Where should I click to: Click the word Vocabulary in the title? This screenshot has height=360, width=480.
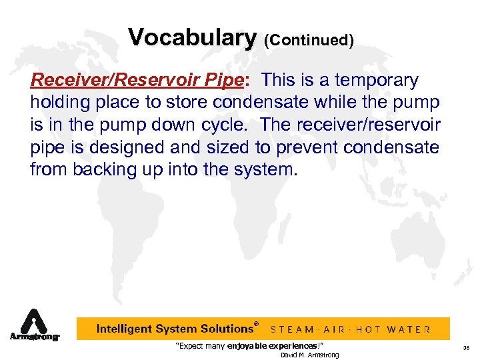coord(192,37)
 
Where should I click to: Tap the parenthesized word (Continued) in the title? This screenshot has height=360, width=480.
coord(309,40)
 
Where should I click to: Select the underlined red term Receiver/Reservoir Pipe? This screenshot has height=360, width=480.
coord(137,81)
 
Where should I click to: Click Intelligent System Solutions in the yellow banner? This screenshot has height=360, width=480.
coord(175,329)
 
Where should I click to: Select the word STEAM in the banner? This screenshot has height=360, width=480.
coord(294,329)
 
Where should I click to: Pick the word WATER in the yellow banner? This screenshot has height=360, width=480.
coord(409,329)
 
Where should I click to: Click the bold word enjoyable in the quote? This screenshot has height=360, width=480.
coord(249,346)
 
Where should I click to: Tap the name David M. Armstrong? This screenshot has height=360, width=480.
coord(309,355)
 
